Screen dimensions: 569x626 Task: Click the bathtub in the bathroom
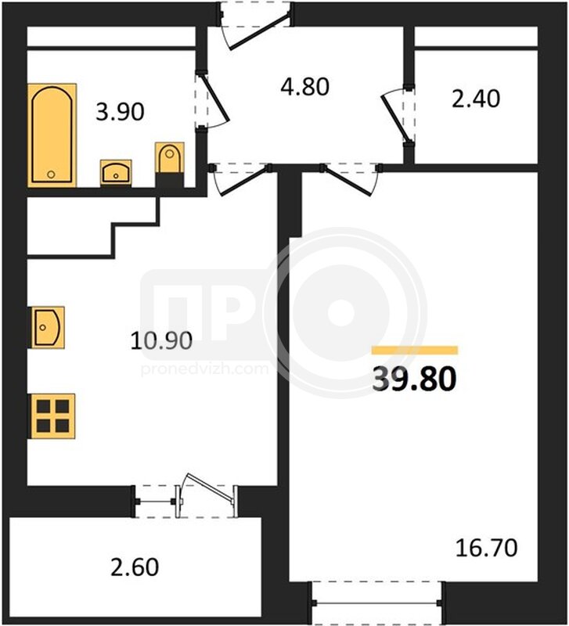52,135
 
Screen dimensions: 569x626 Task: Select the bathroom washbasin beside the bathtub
116,172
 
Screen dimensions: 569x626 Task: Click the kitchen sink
47,327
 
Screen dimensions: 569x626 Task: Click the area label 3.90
120,112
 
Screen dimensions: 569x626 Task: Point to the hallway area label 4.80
304,87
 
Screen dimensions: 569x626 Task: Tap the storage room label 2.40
476,99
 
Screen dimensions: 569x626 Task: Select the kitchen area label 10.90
161,341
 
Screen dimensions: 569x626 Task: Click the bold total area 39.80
414,380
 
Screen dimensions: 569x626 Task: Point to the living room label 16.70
486,547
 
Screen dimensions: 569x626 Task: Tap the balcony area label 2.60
135,567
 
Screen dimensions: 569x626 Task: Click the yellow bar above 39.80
415,350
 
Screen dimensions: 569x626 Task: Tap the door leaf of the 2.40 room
395,119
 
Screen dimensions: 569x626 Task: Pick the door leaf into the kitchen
244,182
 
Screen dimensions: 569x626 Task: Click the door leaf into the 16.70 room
348,182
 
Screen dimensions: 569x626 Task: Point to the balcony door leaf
211,487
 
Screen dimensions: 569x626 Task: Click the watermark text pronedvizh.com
205,369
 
